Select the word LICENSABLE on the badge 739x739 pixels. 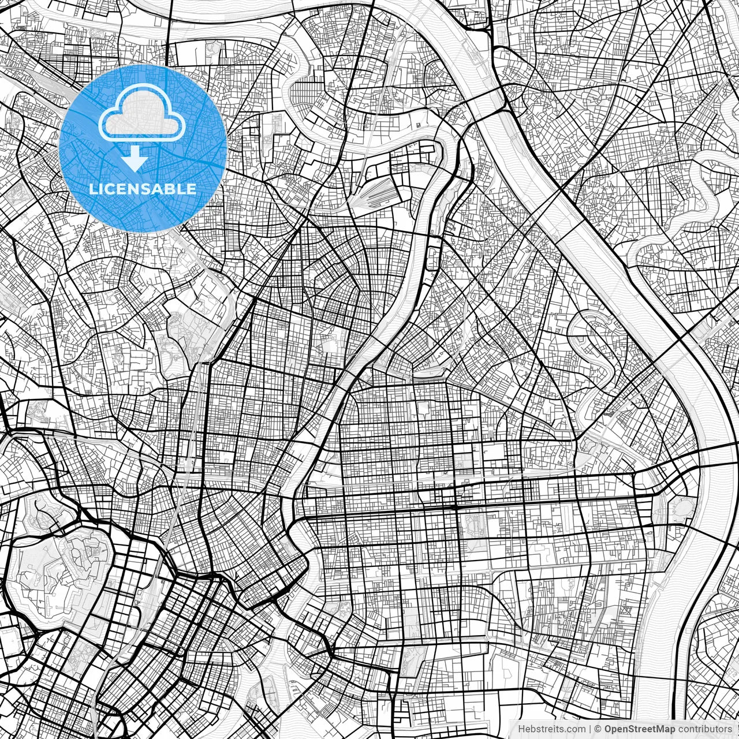(x=143, y=189)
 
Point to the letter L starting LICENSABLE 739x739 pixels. (x=94, y=189)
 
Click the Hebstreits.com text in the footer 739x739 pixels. (x=551, y=729)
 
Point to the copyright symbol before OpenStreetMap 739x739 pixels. (x=599, y=729)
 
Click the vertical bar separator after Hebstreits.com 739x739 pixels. (x=590, y=729)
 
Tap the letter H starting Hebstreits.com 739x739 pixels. (x=521, y=729)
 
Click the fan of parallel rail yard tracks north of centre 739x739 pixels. (x=378, y=193)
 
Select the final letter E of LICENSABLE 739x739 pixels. (x=191, y=189)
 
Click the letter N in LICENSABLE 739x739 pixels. (x=131, y=189)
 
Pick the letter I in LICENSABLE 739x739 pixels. (x=101, y=189)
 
